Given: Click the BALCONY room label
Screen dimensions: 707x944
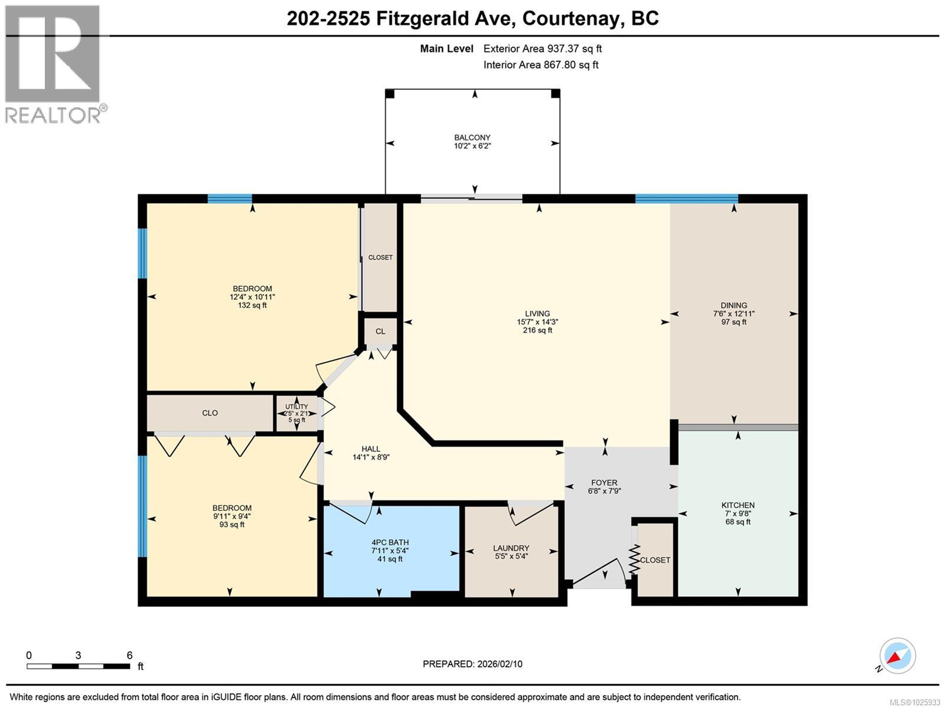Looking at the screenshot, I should [x=472, y=141].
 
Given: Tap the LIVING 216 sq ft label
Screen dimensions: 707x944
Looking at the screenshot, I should [x=537, y=322].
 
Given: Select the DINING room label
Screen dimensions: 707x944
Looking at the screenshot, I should [x=733, y=313].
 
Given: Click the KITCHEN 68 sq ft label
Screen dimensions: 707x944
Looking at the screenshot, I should [x=737, y=513].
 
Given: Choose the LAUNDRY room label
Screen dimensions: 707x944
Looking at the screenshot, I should [x=511, y=551].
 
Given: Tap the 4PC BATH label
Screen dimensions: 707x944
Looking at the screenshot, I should [x=390, y=550].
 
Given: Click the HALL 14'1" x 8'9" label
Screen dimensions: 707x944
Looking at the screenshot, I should [x=371, y=453].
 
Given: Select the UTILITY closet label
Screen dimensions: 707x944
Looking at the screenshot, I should [x=297, y=413].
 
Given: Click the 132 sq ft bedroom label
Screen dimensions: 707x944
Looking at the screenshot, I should [x=252, y=297].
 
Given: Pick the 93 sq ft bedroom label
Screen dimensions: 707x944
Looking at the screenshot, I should [x=232, y=516].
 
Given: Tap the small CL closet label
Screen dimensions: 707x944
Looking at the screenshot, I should [x=380, y=331].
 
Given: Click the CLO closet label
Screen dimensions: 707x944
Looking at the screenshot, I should [x=210, y=413].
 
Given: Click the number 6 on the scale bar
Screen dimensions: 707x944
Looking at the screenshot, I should [x=129, y=655].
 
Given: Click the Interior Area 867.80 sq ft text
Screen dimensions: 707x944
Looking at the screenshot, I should [x=540, y=65].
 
